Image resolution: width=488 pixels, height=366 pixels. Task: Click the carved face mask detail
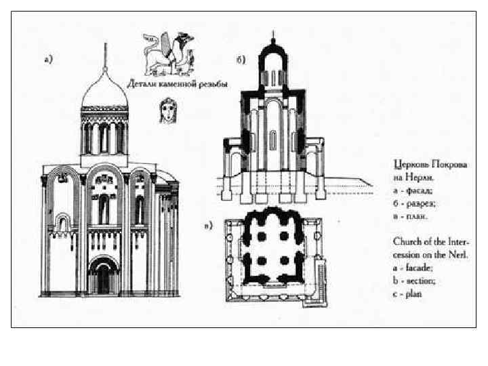[165, 110]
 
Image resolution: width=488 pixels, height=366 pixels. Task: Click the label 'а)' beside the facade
[49, 59]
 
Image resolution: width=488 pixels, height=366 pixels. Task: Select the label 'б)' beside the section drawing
[241, 60]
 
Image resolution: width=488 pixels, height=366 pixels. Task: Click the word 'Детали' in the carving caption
[142, 84]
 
